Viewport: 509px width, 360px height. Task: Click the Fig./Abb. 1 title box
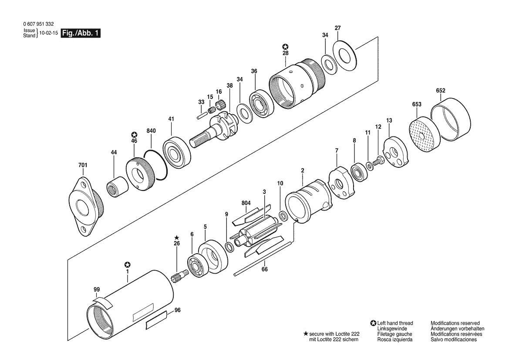[81, 33]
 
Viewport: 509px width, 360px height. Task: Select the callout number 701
[83, 165]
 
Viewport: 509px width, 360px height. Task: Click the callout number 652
[441, 91]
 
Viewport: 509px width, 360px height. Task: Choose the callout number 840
[151, 131]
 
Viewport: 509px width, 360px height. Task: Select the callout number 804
[246, 203]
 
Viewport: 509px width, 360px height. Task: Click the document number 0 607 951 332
[38, 24]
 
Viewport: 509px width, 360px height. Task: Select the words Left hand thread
[395, 323]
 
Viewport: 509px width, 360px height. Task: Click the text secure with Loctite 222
[334, 334]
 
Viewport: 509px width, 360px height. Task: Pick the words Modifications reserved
[455, 323]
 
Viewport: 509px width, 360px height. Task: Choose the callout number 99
[97, 289]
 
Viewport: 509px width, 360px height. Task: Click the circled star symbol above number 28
[285, 47]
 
